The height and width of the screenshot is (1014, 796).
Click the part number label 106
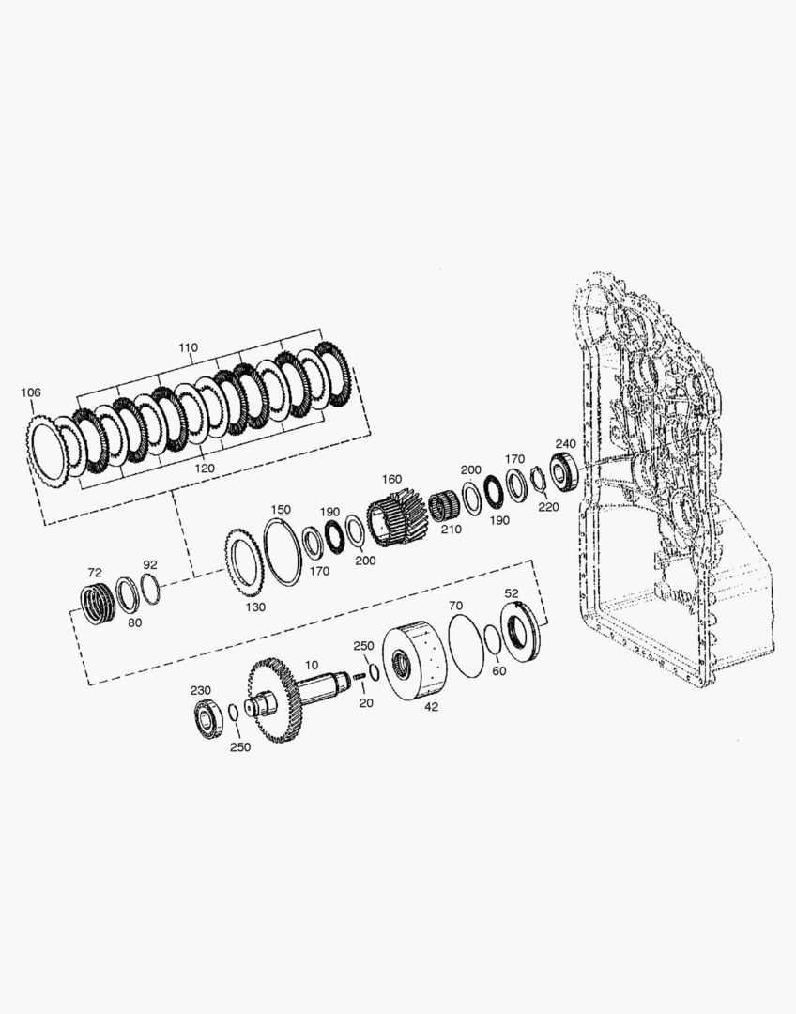[x=31, y=392]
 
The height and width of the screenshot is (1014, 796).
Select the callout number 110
[x=188, y=347]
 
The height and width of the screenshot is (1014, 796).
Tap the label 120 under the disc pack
[x=205, y=468]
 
